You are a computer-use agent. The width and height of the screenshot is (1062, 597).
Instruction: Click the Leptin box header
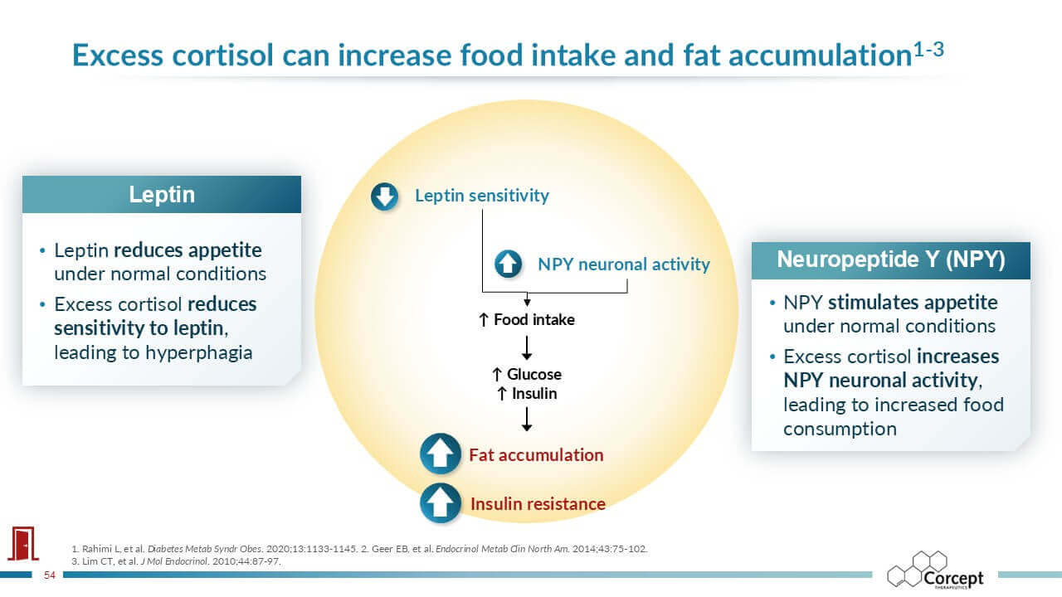[x=162, y=194]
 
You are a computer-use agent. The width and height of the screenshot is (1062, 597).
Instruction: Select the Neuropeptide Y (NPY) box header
[x=891, y=260]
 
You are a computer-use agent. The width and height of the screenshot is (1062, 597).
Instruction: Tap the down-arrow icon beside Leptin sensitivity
[x=384, y=197]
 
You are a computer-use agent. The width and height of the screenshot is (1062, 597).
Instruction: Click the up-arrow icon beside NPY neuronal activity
[x=508, y=264]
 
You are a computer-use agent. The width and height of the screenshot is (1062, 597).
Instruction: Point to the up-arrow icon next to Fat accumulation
[x=441, y=454]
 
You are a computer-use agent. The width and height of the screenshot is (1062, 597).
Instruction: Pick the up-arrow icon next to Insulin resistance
[x=441, y=503]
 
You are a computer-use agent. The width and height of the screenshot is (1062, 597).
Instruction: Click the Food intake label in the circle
[x=527, y=320]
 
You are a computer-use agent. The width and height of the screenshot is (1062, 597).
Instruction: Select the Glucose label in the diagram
[x=527, y=374]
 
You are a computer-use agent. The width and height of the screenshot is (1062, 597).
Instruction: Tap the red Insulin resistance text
[x=538, y=503]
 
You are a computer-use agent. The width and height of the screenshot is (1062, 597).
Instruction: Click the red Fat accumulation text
[x=536, y=455]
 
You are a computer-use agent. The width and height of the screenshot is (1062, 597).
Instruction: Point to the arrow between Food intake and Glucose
[x=527, y=347]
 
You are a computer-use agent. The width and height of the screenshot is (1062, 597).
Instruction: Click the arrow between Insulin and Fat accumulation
[x=527, y=419]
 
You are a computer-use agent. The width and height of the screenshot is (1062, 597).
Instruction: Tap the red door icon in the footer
[x=23, y=543]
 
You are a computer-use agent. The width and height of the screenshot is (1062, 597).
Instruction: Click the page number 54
[x=49, y=575]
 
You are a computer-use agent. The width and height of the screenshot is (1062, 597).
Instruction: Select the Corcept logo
[x=935, y=570]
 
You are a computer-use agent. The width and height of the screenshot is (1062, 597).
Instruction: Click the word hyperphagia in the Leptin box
[x=198, y=352]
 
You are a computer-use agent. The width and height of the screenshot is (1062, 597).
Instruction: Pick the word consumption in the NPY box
[x=840, y=429]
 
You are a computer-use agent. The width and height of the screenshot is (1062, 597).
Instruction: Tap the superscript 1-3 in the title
[x=928, y=49]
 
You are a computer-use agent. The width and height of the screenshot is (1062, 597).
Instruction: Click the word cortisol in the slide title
[x=223, y=55]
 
